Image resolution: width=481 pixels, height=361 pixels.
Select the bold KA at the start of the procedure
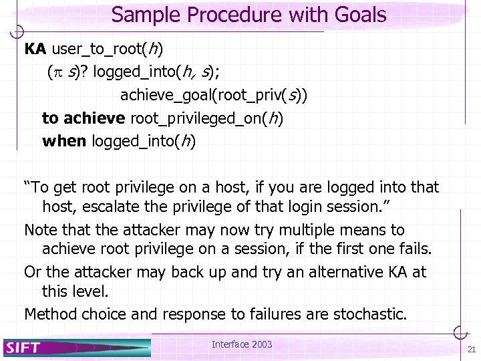pyautogui.click(x=35, y=49)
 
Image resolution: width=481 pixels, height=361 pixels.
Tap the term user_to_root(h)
pyautogui.click(x=108, y=49)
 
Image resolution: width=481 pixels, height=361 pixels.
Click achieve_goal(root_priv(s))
pyautogui.click(x=214, y=95)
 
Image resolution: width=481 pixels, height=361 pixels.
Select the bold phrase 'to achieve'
pyautogui.click(x=83, y=118)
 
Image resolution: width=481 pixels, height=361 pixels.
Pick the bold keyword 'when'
pyautogui.click(x=63, y=141)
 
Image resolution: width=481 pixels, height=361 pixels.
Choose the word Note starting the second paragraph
pyautogui.click(x=41, y=230)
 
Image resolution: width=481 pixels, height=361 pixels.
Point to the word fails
pyautogui.click(x=415, y=249)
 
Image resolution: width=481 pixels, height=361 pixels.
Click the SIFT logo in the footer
pyautogui.click(x=23, y=346)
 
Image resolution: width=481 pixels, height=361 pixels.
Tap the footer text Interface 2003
pyautogui.click(x=242, y=344)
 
